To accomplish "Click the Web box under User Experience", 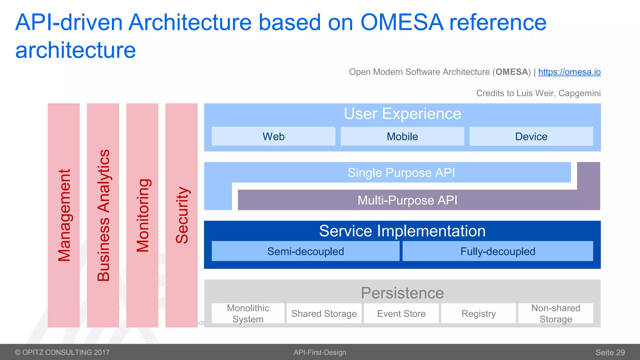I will pyautogui.click(x=273, y=136).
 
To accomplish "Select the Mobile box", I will pyautogui.click(x=402, y=136).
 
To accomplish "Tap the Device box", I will pyautogui.click(x=531, y=136).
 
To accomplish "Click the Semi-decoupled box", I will pyautogui.click(x=305, y=251).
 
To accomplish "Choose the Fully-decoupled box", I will pyautogui.click(x=497, y=251).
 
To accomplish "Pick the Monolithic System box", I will pyautogui.click(x=248, y=313).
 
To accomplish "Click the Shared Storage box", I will pyautogui.click(x=324, y=313).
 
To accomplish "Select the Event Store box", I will pyautogui.click(x=401, y=313).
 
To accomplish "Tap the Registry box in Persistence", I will pyautogui.click(x=478, y=313).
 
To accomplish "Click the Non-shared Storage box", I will pyautogui.click(x=556, y=313).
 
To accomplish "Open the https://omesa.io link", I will pyautogui.click(x=569, y=72).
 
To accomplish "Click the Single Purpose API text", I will pyautogui.click(x=401, y=172).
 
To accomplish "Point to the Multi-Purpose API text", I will pyautogui.click(x=407, y=200).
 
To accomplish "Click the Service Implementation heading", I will pyautogui.click(x=402, y=231).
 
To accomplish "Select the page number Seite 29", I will pyautogui.click(x=610, y=352).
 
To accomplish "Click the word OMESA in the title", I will pyautogui.click(x=402, y=22).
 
